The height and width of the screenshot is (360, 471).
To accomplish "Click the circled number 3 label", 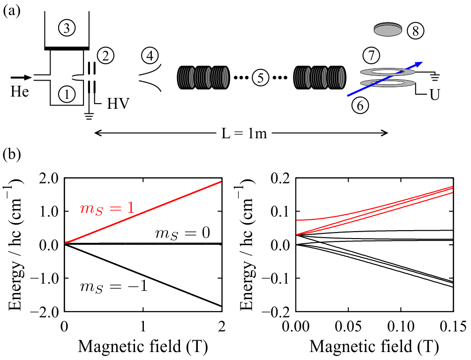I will (67, 29).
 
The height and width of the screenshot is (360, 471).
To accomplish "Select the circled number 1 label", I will (67, 94).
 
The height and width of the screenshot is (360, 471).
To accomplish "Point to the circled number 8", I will (415, 31).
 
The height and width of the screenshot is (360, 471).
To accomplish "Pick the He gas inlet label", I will (19, 92).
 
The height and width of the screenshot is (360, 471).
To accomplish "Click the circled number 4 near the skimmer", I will (150, 56).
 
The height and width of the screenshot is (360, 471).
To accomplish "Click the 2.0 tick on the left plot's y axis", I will (46, 179).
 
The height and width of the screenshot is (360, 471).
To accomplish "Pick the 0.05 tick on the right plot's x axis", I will (348, 324).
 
